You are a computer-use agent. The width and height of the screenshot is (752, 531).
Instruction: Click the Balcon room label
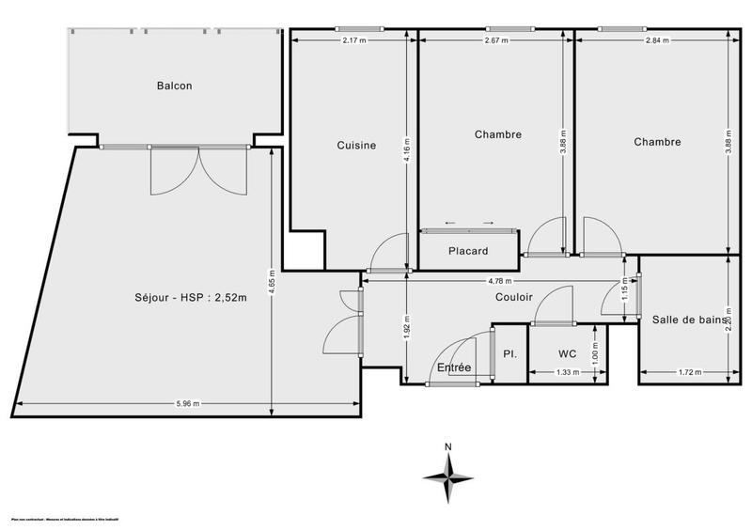point(174,86)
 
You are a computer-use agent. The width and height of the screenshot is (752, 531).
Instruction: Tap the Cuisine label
point(356,145)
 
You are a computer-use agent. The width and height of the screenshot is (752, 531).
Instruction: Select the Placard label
point(467,251)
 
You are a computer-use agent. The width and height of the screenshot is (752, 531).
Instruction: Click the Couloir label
point(514,297)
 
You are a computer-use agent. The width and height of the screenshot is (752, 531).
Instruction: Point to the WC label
point(567,354)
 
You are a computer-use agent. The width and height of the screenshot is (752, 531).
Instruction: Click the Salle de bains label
point(690,320)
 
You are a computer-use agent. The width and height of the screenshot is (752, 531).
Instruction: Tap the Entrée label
point(454,367)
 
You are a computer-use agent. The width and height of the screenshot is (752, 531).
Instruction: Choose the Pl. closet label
point(509,354)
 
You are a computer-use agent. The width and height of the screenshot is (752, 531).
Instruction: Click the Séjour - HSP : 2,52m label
point(190,299)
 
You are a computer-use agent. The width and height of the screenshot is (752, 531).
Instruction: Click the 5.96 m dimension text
point(187,404)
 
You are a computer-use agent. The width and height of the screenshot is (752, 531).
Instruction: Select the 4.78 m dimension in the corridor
point(499,280)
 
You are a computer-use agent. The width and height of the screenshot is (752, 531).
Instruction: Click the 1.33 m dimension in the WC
point(567,372)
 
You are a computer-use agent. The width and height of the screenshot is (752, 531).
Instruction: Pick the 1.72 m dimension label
point(689,372)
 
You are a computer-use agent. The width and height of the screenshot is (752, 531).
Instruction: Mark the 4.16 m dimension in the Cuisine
point(406,146)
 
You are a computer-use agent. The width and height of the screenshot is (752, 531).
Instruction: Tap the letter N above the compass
point(449,446)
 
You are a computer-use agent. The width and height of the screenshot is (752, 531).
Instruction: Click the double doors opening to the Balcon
point(198,169)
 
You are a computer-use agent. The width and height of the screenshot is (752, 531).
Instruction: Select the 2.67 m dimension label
point(495,40)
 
